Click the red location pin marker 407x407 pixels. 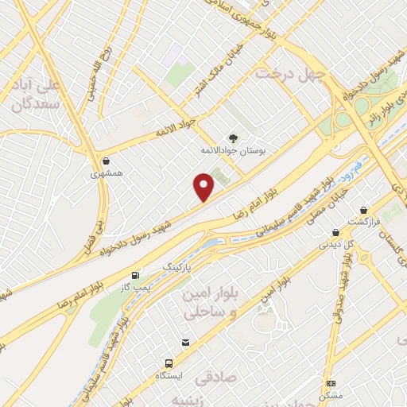pos(204,186)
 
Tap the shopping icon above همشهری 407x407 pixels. pos(106,159)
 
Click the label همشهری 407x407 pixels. pos(106,172)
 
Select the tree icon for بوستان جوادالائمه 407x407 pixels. pos(233,137)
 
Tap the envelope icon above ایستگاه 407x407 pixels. pos(185,342)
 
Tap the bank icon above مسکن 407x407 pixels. pos(331,382)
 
